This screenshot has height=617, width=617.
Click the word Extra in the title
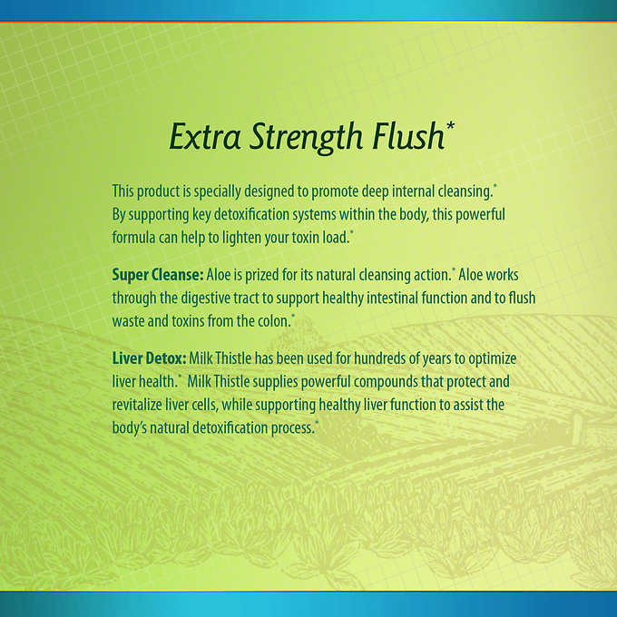tap(205, 136)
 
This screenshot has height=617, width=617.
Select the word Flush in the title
tap(409, 136)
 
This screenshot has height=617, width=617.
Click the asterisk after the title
tap(451, 126)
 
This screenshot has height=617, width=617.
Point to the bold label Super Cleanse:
tap(158, 275)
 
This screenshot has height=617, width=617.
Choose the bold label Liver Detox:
tap(149, 358)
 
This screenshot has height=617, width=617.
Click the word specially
tap(217, 191)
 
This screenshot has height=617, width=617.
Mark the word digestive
tap(205, 299)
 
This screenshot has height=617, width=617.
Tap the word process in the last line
tap(293, 428)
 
